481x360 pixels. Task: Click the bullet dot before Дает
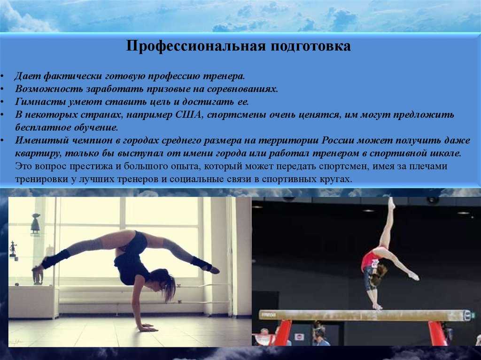click(2, 77)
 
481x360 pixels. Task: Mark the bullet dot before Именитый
click(2, 140)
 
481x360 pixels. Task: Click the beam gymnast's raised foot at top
click(391, 202)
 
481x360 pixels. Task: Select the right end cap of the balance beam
click(467, 315)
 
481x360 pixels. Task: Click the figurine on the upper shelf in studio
click(36, 223)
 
